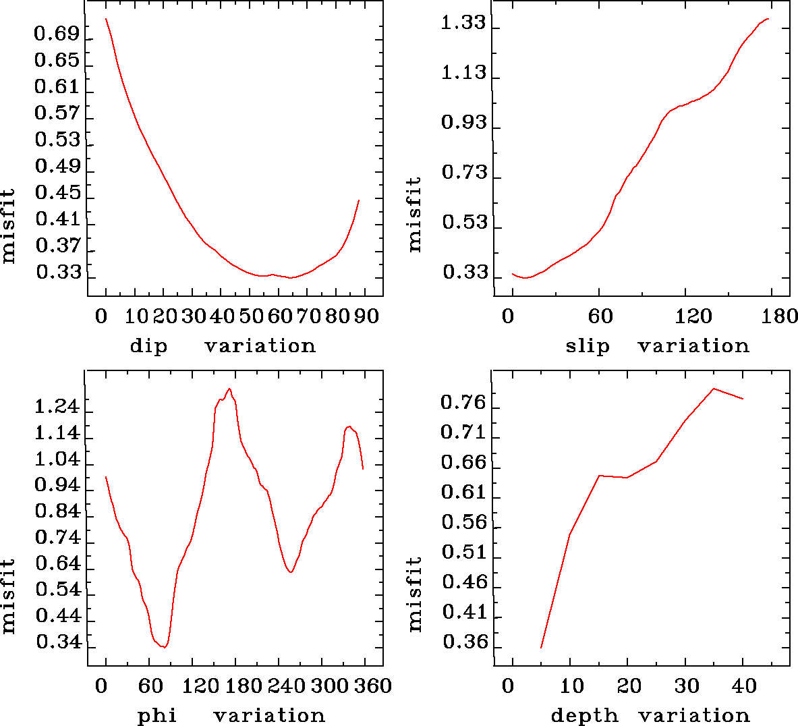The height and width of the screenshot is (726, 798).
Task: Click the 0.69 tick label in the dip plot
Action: click(x=57, y=34)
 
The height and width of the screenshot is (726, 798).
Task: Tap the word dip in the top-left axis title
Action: click(x=148, y=346)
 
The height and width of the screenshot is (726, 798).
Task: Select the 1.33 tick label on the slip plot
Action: click(x=463, y=23)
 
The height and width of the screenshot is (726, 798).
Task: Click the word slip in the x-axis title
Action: click(x=587, y=346)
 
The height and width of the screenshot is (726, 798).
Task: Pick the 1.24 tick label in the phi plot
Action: click(x=57, y=407)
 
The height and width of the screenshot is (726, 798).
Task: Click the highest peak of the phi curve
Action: click(x=230, y=389)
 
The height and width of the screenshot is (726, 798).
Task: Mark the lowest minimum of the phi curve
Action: click(x=164, y=647)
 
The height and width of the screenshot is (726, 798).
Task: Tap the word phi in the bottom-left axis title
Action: click(x=156, y=715)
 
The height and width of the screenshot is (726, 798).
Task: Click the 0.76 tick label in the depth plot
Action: click(x=463, y=403)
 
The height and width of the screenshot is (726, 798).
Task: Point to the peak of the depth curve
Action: click(x=713, y=389)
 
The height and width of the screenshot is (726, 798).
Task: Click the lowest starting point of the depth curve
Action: click(x=541, y=648)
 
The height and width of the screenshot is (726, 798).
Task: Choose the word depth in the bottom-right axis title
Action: click(x=584, y=715)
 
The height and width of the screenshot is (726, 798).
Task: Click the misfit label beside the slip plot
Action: click(x=414, y=214)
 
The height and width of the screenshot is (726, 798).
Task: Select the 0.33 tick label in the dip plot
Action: click(x=58, y=273)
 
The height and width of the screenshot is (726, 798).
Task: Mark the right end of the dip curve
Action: click(x=359, y=200)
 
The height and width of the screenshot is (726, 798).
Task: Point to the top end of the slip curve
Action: click(x=768, y=19)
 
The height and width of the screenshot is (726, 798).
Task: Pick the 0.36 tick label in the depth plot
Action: click(x=465, y=642)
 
